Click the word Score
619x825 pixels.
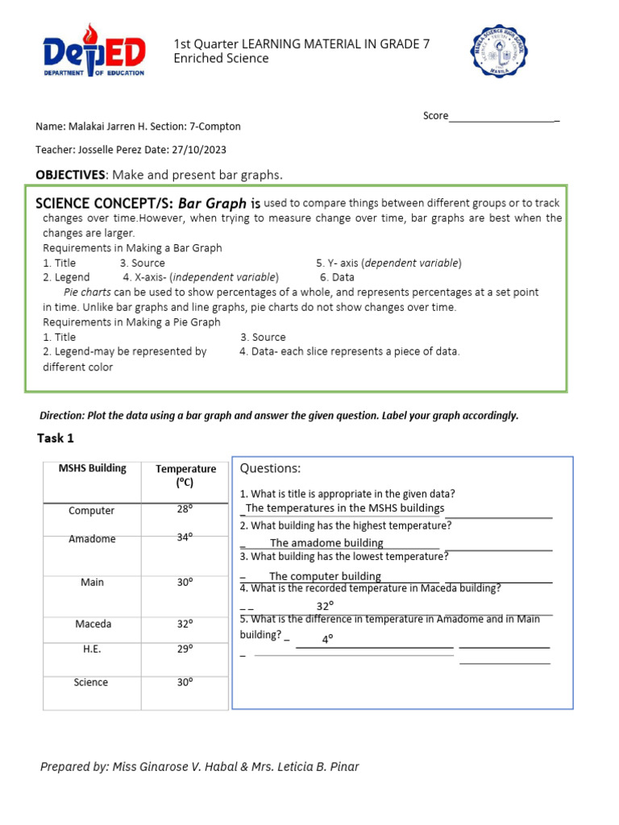coord(435,116)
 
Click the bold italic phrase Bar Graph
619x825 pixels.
coord(212,204)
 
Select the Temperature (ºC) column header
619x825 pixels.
coord(186,475)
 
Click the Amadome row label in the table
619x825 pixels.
coord(92,539)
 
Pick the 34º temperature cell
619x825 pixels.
coord(185,537)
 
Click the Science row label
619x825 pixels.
coord(91,682)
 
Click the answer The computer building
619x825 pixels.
coord(325,576)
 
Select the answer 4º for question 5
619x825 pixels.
coord(328,640)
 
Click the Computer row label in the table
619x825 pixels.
coord(92,511)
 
